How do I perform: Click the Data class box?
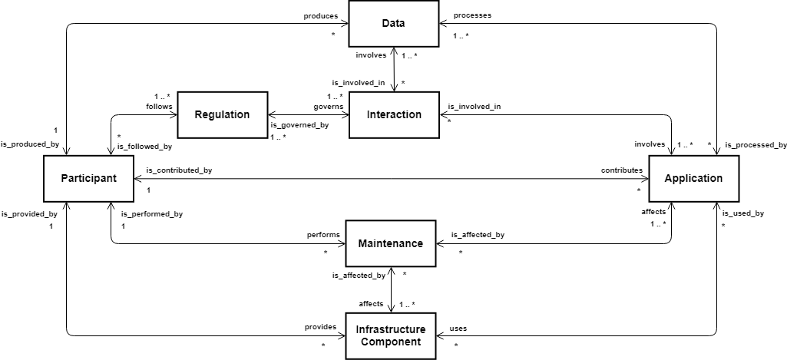(393, 23)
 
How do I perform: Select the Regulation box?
(223, 114)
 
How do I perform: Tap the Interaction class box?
(394, 114)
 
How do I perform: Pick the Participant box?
(89, 178)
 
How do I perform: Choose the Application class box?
(693, 178)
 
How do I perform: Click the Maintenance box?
(391, 243)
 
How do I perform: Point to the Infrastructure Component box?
(391, 336)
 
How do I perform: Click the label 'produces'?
(320, 15)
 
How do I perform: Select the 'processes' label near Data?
(472, 15)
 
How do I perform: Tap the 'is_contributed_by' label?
(179, 170)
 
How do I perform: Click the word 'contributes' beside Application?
(622, 170)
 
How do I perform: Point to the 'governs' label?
(329, 107)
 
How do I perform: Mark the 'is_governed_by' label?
(299, 125)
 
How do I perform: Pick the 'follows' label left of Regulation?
(159, 107)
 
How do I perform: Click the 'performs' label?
(324, 234)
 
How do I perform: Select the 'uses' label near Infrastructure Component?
(458, 329)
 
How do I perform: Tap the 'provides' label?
(321, 327)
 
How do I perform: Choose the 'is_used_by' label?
(743, 213)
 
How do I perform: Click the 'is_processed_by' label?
(756, 145)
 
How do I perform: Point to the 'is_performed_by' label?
(152, 214)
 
